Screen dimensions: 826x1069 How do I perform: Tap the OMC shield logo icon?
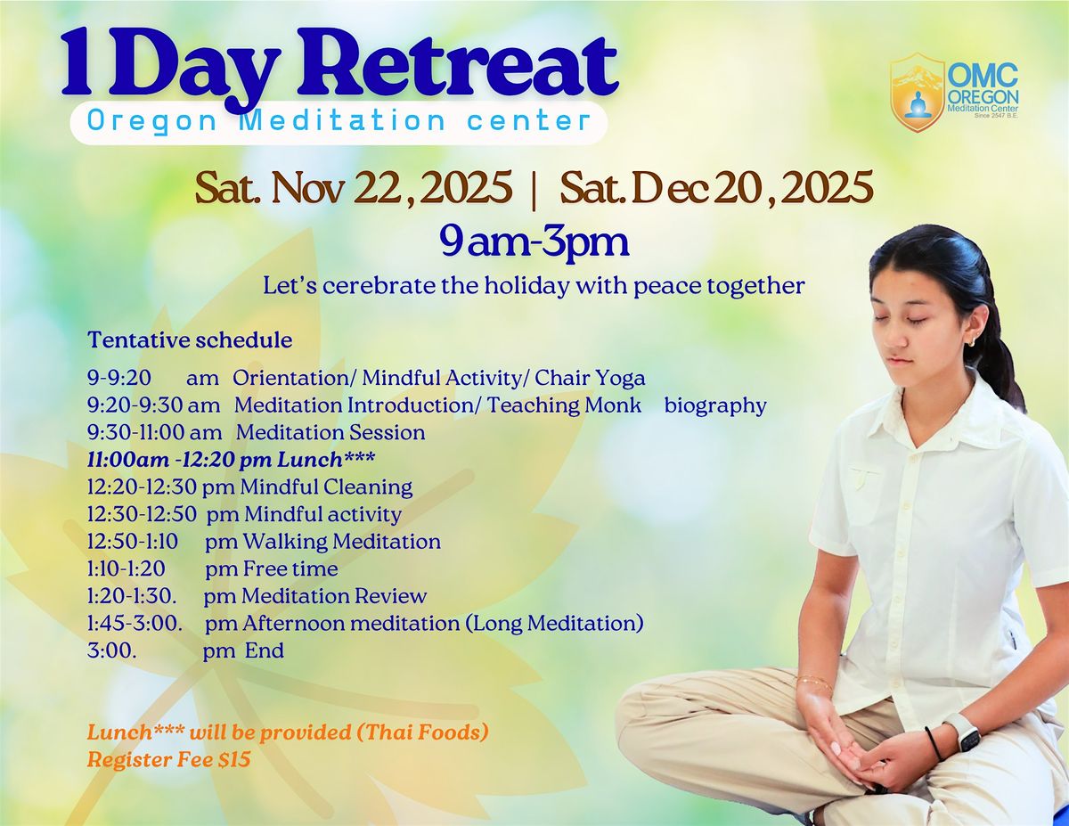point(918,92)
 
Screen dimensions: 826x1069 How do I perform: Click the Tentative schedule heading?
point(190,340)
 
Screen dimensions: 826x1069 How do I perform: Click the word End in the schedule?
point(265,650)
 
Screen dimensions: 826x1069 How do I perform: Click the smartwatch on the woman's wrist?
point(963,732)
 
